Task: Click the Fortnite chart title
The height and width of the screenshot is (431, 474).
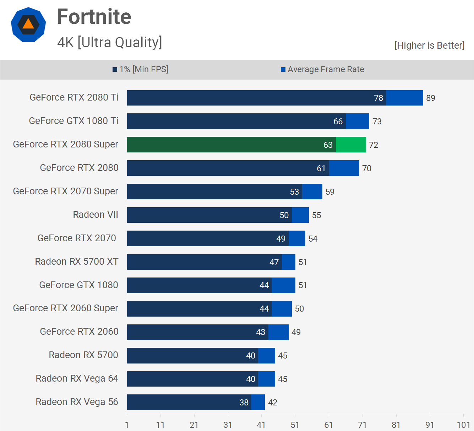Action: coord(94,17)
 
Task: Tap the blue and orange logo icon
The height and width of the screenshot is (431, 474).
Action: coord(28,25)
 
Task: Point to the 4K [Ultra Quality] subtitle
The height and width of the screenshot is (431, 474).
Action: coord(110,42)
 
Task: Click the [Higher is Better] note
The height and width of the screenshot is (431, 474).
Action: coord(429,45)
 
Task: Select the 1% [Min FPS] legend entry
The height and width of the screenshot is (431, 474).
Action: coord(141,69)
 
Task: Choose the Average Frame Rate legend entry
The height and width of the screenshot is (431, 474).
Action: coord(322,69)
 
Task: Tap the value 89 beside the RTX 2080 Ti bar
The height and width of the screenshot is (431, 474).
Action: coord(431,98)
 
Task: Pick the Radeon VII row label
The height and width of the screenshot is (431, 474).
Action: coord(96,215)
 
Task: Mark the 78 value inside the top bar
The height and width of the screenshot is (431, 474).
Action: coord(378,98)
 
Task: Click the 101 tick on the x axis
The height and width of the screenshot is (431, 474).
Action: coord(463,425)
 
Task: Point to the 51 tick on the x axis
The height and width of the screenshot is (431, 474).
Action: coord(295,425)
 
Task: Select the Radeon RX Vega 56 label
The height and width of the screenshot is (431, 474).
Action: coord(77,402)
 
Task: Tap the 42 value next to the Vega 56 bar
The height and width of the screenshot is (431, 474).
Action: coord(273,403)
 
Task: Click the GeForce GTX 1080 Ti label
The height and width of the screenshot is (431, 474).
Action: coord(73,121)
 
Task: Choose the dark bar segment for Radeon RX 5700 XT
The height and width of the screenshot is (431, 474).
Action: coord(204,262)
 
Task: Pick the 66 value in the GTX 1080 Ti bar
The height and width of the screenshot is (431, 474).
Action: coord(338,122)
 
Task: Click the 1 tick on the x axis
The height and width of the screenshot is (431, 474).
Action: coord(127,425)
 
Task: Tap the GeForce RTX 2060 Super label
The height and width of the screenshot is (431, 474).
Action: coord(66,308)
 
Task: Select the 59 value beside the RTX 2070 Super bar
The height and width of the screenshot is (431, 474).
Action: coord(330,192)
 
